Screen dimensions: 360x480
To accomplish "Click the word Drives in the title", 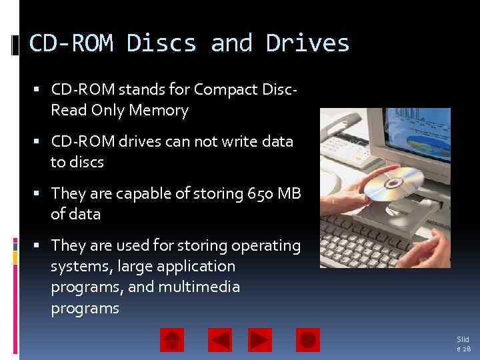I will click(307, 43).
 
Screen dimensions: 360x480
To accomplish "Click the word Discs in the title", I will click(161, 43).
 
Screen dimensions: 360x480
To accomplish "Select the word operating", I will click(266, 245).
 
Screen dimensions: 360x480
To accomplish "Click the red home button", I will click(172, 340).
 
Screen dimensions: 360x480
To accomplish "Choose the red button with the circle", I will click(308, 340).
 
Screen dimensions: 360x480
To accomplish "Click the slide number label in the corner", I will click(463, 344).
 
